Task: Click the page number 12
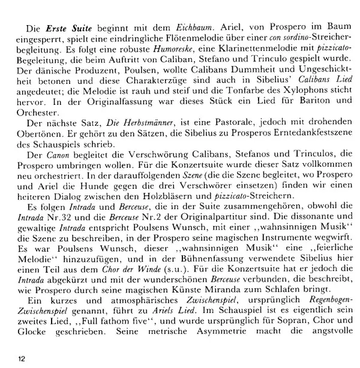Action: pyautogui.click(x=22, y=358)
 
